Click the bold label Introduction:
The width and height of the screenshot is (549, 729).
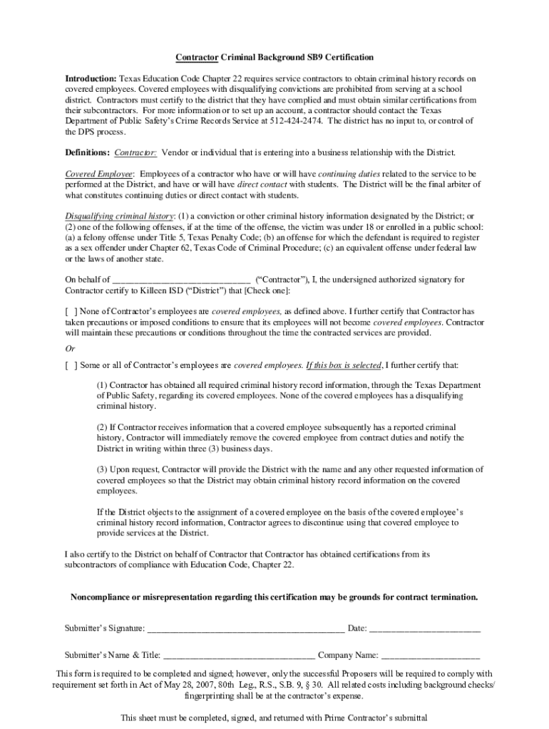pyautogui.click(x=91, y=78)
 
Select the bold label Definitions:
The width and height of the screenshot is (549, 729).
pyautogui.click(x=87, y=153)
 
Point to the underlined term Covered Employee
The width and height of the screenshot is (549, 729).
pyautogui.click(x=99, y=174)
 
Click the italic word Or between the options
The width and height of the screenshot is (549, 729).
pyautogui.click(x=70, y=349)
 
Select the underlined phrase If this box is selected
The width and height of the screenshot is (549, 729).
pyautogui.click(x=343, y=366)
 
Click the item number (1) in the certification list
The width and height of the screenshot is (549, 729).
pyautogui.click(x=103, y=385)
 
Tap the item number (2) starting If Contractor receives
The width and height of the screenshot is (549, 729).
pyautogui.click(x=103, y=427)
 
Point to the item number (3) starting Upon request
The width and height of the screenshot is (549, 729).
pyautogui.click(x=103, y=470)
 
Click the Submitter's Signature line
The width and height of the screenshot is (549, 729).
pyautogui.click(x=245, y=629)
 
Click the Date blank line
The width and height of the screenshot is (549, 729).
pyautogui.click(x=425, y=629)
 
